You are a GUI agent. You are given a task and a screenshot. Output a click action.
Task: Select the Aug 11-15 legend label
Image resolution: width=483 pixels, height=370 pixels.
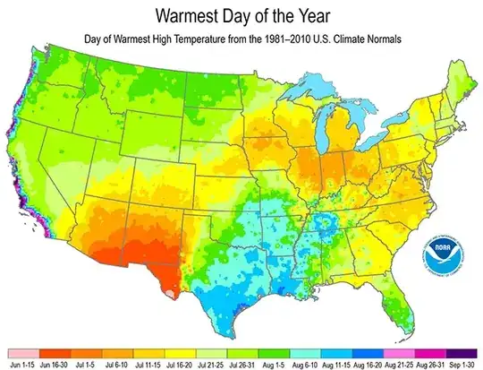coord(339,365)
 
